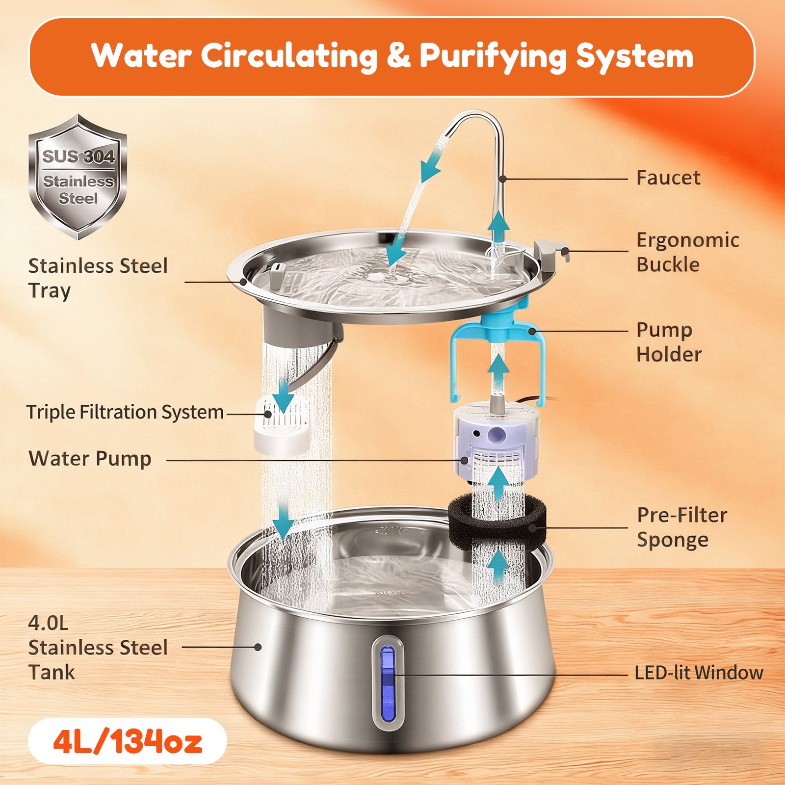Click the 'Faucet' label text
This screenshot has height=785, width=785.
click(668, 178)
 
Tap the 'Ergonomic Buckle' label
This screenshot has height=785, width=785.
click(688, 252)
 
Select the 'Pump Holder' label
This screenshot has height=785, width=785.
click(669, 342)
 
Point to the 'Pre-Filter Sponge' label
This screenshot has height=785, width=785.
click(682, 527)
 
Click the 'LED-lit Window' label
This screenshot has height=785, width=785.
click(699, 673)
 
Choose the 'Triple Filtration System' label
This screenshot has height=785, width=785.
click(125, 412)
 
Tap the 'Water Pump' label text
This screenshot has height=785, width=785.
click(90, 459)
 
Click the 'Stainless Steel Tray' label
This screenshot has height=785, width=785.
click(98, 278)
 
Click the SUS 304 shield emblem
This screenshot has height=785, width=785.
click(78, 177)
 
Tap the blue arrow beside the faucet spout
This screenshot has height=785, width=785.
click(431, 165)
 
